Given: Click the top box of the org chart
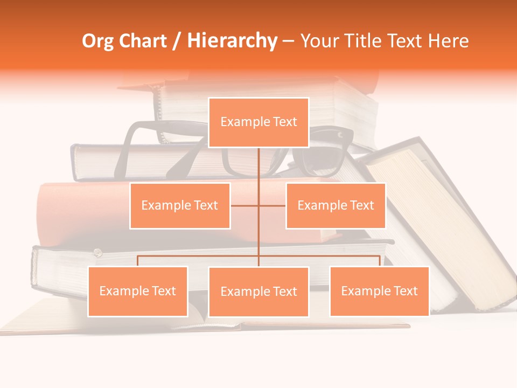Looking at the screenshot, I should tap(258, 122).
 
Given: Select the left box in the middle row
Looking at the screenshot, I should tap(180, 205).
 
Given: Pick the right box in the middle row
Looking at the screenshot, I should tap(336, 205).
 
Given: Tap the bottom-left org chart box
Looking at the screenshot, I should tap(138, 291).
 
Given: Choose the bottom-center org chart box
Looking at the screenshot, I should tap(258, 292).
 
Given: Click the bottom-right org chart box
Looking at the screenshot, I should tap(379, 291).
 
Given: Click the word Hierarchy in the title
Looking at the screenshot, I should tap(232, 41).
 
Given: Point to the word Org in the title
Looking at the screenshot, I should tap(97, 41).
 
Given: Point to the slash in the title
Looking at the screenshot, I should tap(177, 41).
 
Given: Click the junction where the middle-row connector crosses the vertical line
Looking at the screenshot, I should tap(258, 205).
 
